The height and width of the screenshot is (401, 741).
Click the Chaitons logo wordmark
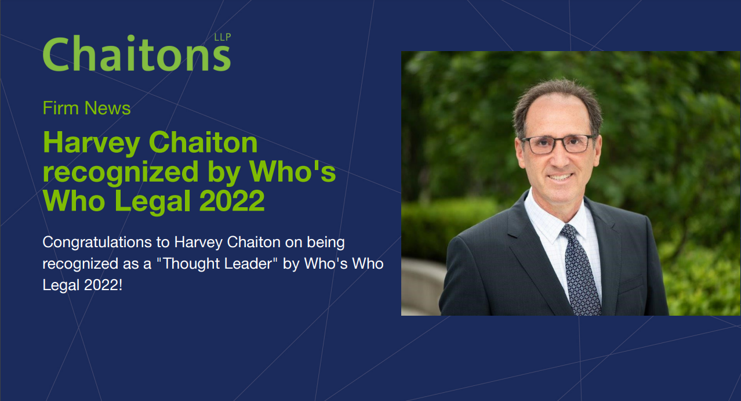[x=137, y=53]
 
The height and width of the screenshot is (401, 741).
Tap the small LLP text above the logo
[x=222, y=37]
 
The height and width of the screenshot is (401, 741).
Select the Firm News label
[x=86, y=108]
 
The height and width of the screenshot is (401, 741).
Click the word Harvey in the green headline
[x=92, y=144]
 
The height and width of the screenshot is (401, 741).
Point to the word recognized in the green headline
[x=121, y=173]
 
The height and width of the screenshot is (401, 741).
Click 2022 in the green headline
[x=232, y=201]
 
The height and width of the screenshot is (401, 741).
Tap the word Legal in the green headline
[x=152, y=202]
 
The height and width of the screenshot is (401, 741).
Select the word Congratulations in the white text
[x=97, y=243]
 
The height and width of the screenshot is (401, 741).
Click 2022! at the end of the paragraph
[x=103, y=285]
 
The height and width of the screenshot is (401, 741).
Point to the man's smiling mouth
[x=560, y=177]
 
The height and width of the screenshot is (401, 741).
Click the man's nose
[x=560, y=158]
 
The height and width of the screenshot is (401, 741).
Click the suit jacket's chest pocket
[x=631, y=284]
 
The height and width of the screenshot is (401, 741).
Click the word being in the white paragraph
[x=326, y=243]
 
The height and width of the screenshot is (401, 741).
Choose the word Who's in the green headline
[x=292, y=172]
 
